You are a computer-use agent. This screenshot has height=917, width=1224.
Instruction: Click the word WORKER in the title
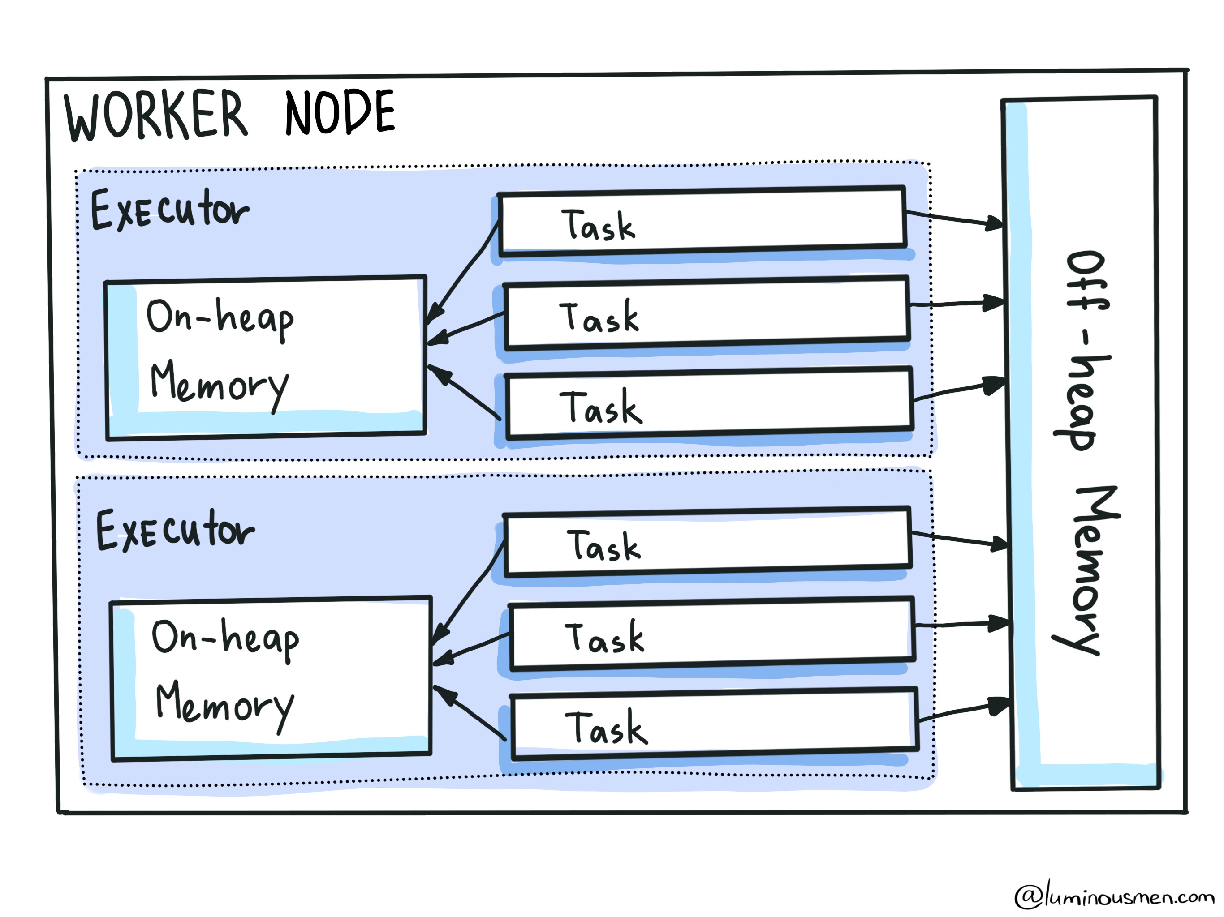(x=156, y=115)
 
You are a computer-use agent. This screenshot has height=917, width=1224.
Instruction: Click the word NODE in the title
(x=339, y=113)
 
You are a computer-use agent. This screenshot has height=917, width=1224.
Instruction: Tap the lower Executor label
(x=175, y=531)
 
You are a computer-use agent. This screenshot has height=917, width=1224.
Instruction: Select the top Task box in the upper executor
(x=702, y=221)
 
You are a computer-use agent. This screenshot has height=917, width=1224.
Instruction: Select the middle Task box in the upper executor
(x=706, y=313)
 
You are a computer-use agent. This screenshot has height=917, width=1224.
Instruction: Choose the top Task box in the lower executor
(x=707, y=543)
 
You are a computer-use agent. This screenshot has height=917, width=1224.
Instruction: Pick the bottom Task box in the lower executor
(x=714, y=724)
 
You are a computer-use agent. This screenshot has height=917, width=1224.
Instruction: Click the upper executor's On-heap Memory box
(x=266, y=357)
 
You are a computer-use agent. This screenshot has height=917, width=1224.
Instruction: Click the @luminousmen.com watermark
(x=1113, y=896)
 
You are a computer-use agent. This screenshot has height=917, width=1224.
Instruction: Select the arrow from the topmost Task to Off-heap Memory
(x=955, y=219)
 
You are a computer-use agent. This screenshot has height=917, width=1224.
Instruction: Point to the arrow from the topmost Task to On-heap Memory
(x=464, y=271)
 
